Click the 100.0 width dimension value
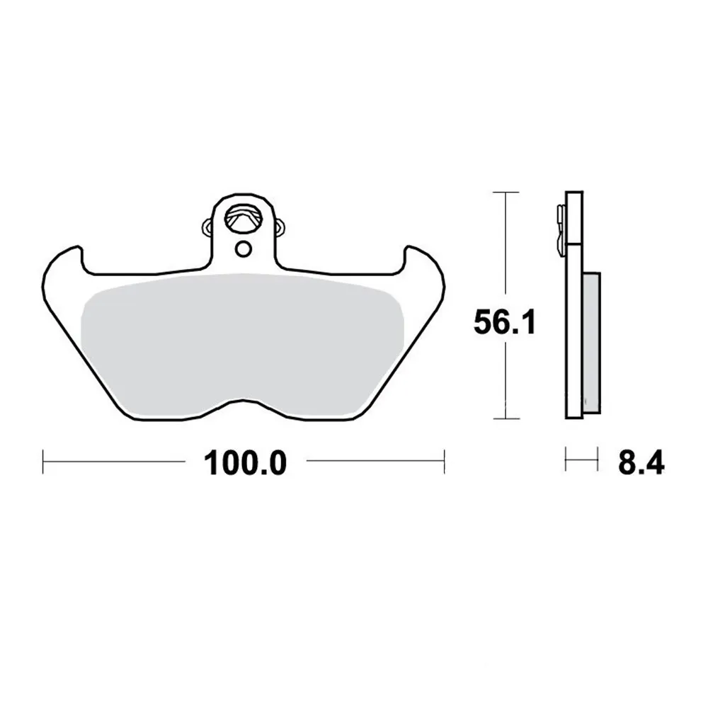coord(245,463)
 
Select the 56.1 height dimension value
coord(504,323)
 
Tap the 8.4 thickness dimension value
coord(641,463)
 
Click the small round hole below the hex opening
coord(244,249)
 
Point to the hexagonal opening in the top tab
coord(244,219)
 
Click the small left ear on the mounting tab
coord(208,227)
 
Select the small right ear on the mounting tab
coord(280,227)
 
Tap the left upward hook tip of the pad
coord(79,246)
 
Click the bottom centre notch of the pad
coord(244,400)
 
